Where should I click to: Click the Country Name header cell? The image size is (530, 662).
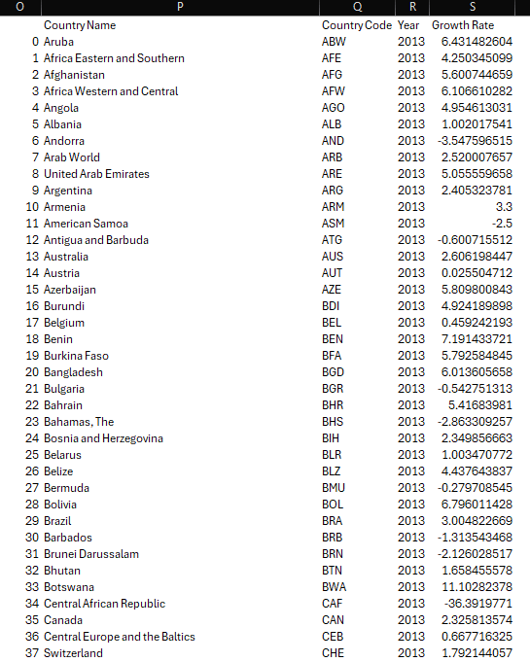point(79,25)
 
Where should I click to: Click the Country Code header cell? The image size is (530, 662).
point(356,25)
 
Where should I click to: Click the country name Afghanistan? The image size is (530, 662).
point(74,75)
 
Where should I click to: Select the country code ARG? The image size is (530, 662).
point(333,191)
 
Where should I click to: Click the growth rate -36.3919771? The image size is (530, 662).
point(477,604)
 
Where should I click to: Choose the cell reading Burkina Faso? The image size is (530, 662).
point(76,356)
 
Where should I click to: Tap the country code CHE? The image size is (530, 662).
point(333,653)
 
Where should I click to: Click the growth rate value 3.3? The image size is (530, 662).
point(504,207)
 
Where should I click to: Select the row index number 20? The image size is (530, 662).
point(33,372)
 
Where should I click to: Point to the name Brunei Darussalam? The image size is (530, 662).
point(91,554)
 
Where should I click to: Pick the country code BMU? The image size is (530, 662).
point(334,488)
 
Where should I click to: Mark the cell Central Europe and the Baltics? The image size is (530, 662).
point(119,637)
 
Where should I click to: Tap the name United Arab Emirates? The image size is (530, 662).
point(96,174)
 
